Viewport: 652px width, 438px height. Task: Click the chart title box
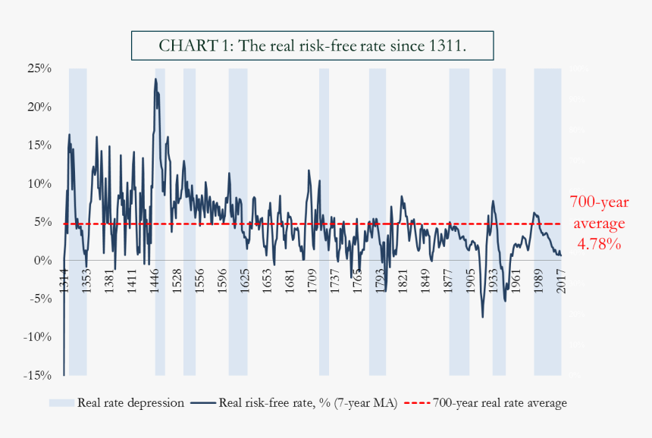click(x=313, y=45)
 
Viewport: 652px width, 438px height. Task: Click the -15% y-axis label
click(x=37, y=375)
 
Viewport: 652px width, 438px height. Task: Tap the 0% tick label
click(x=42, y=260)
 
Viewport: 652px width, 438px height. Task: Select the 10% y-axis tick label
click(x=39, y=183)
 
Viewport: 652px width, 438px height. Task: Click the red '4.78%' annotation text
click(x=598, y=246)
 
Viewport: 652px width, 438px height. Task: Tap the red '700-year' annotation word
click(x=599, y=202)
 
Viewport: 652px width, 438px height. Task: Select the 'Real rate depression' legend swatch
click(x=62, y=403)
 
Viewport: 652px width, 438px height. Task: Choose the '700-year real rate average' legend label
click(x=500, y=403)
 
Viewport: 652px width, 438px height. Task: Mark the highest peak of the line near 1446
click(x=155, y=79)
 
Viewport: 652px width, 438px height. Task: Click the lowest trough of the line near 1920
click(x=482, y=317)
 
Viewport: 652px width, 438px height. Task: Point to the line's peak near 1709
click(x=309, y=171)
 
